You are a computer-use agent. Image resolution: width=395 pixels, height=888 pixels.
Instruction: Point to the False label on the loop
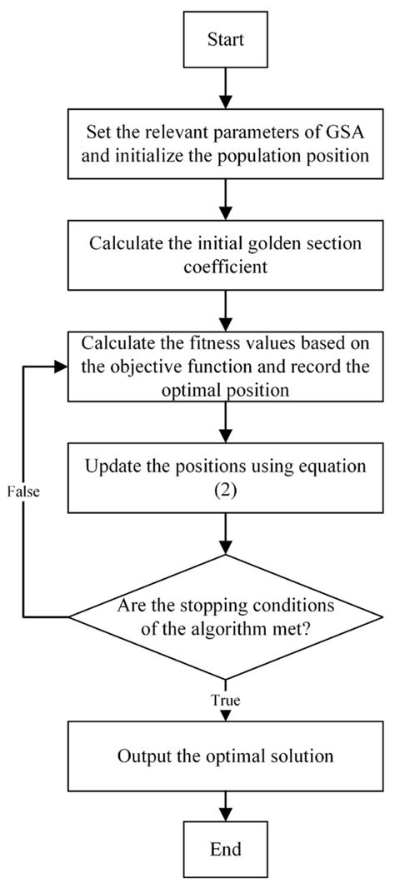tap(25, 490)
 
